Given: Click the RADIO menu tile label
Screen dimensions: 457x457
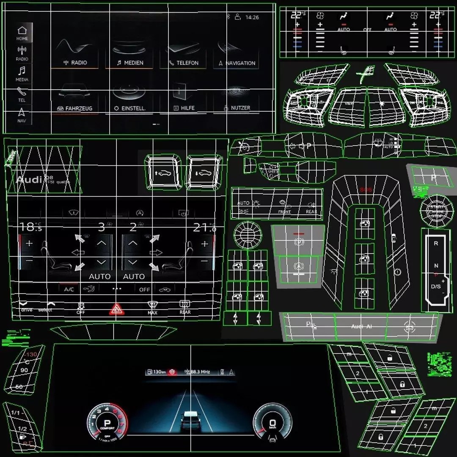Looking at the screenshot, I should click(79, 63).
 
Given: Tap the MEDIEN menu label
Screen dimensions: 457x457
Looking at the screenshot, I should click(133, 63).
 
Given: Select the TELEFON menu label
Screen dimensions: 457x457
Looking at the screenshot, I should click(187, 63).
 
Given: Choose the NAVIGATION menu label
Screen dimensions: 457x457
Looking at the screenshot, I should click(240, 63).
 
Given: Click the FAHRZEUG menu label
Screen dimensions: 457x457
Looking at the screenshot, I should click(79, 108).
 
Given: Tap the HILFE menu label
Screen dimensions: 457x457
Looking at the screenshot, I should click(187, 108).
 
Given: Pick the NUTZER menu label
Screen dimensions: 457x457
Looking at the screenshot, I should click(240, 108).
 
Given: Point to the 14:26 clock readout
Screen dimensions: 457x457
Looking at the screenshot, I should click(252, 17).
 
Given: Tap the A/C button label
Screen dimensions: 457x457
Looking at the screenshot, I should click(69, 289).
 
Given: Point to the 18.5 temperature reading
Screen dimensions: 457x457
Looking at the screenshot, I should click(30, 227).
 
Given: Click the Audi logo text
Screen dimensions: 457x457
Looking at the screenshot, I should click(29, 179).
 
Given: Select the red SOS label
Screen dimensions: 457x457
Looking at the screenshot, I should click(366, 190).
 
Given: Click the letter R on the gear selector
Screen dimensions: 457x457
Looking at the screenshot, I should click(436, 244).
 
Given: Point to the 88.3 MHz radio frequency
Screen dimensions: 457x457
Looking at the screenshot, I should click(200, 372).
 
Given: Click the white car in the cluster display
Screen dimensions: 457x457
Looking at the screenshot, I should click(190, 420).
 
